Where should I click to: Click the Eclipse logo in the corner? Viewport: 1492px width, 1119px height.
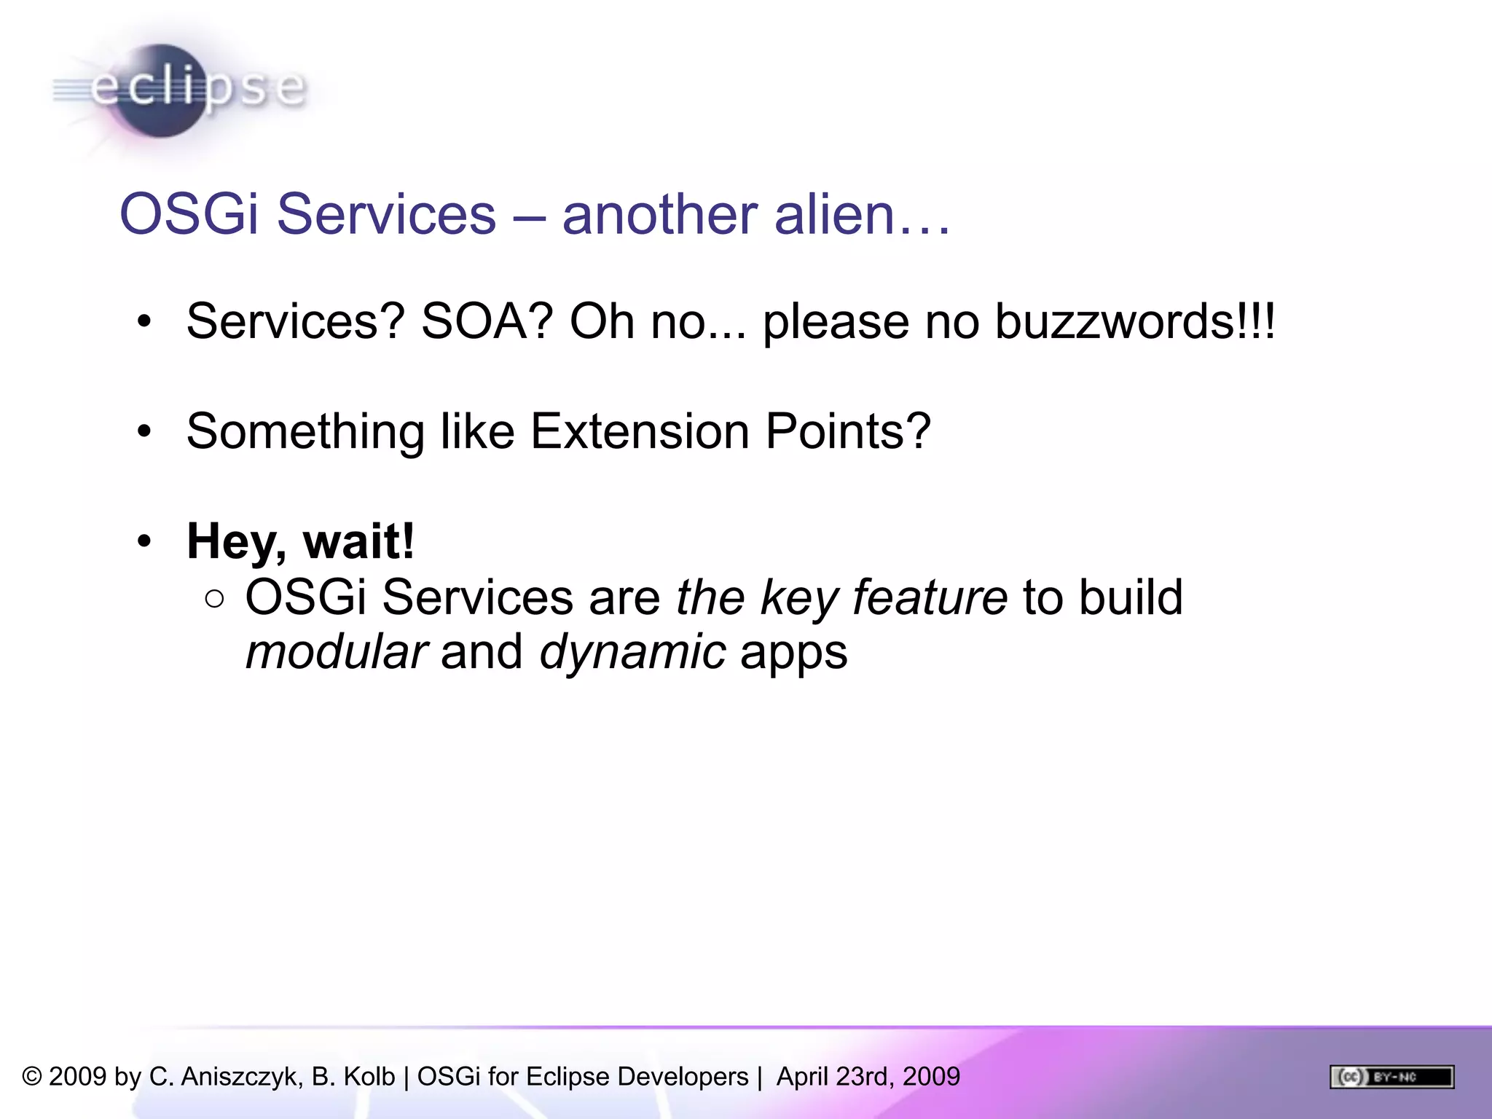tap(178, 90)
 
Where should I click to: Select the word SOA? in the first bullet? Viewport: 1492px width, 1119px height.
tap(487, 321)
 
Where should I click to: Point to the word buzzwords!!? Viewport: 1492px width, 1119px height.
tap(1135, 321)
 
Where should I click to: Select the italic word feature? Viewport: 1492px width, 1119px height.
tap(930, 597)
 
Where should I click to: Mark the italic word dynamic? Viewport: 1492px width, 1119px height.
tap(632, 653)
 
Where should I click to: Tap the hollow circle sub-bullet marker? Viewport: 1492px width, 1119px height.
tap(215, 599)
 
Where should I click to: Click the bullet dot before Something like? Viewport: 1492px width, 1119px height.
tap(144, 431)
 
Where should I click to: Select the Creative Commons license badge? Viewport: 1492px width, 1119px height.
tap(1391, 1076)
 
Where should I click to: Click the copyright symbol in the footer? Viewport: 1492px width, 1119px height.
tap(32, 1076)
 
